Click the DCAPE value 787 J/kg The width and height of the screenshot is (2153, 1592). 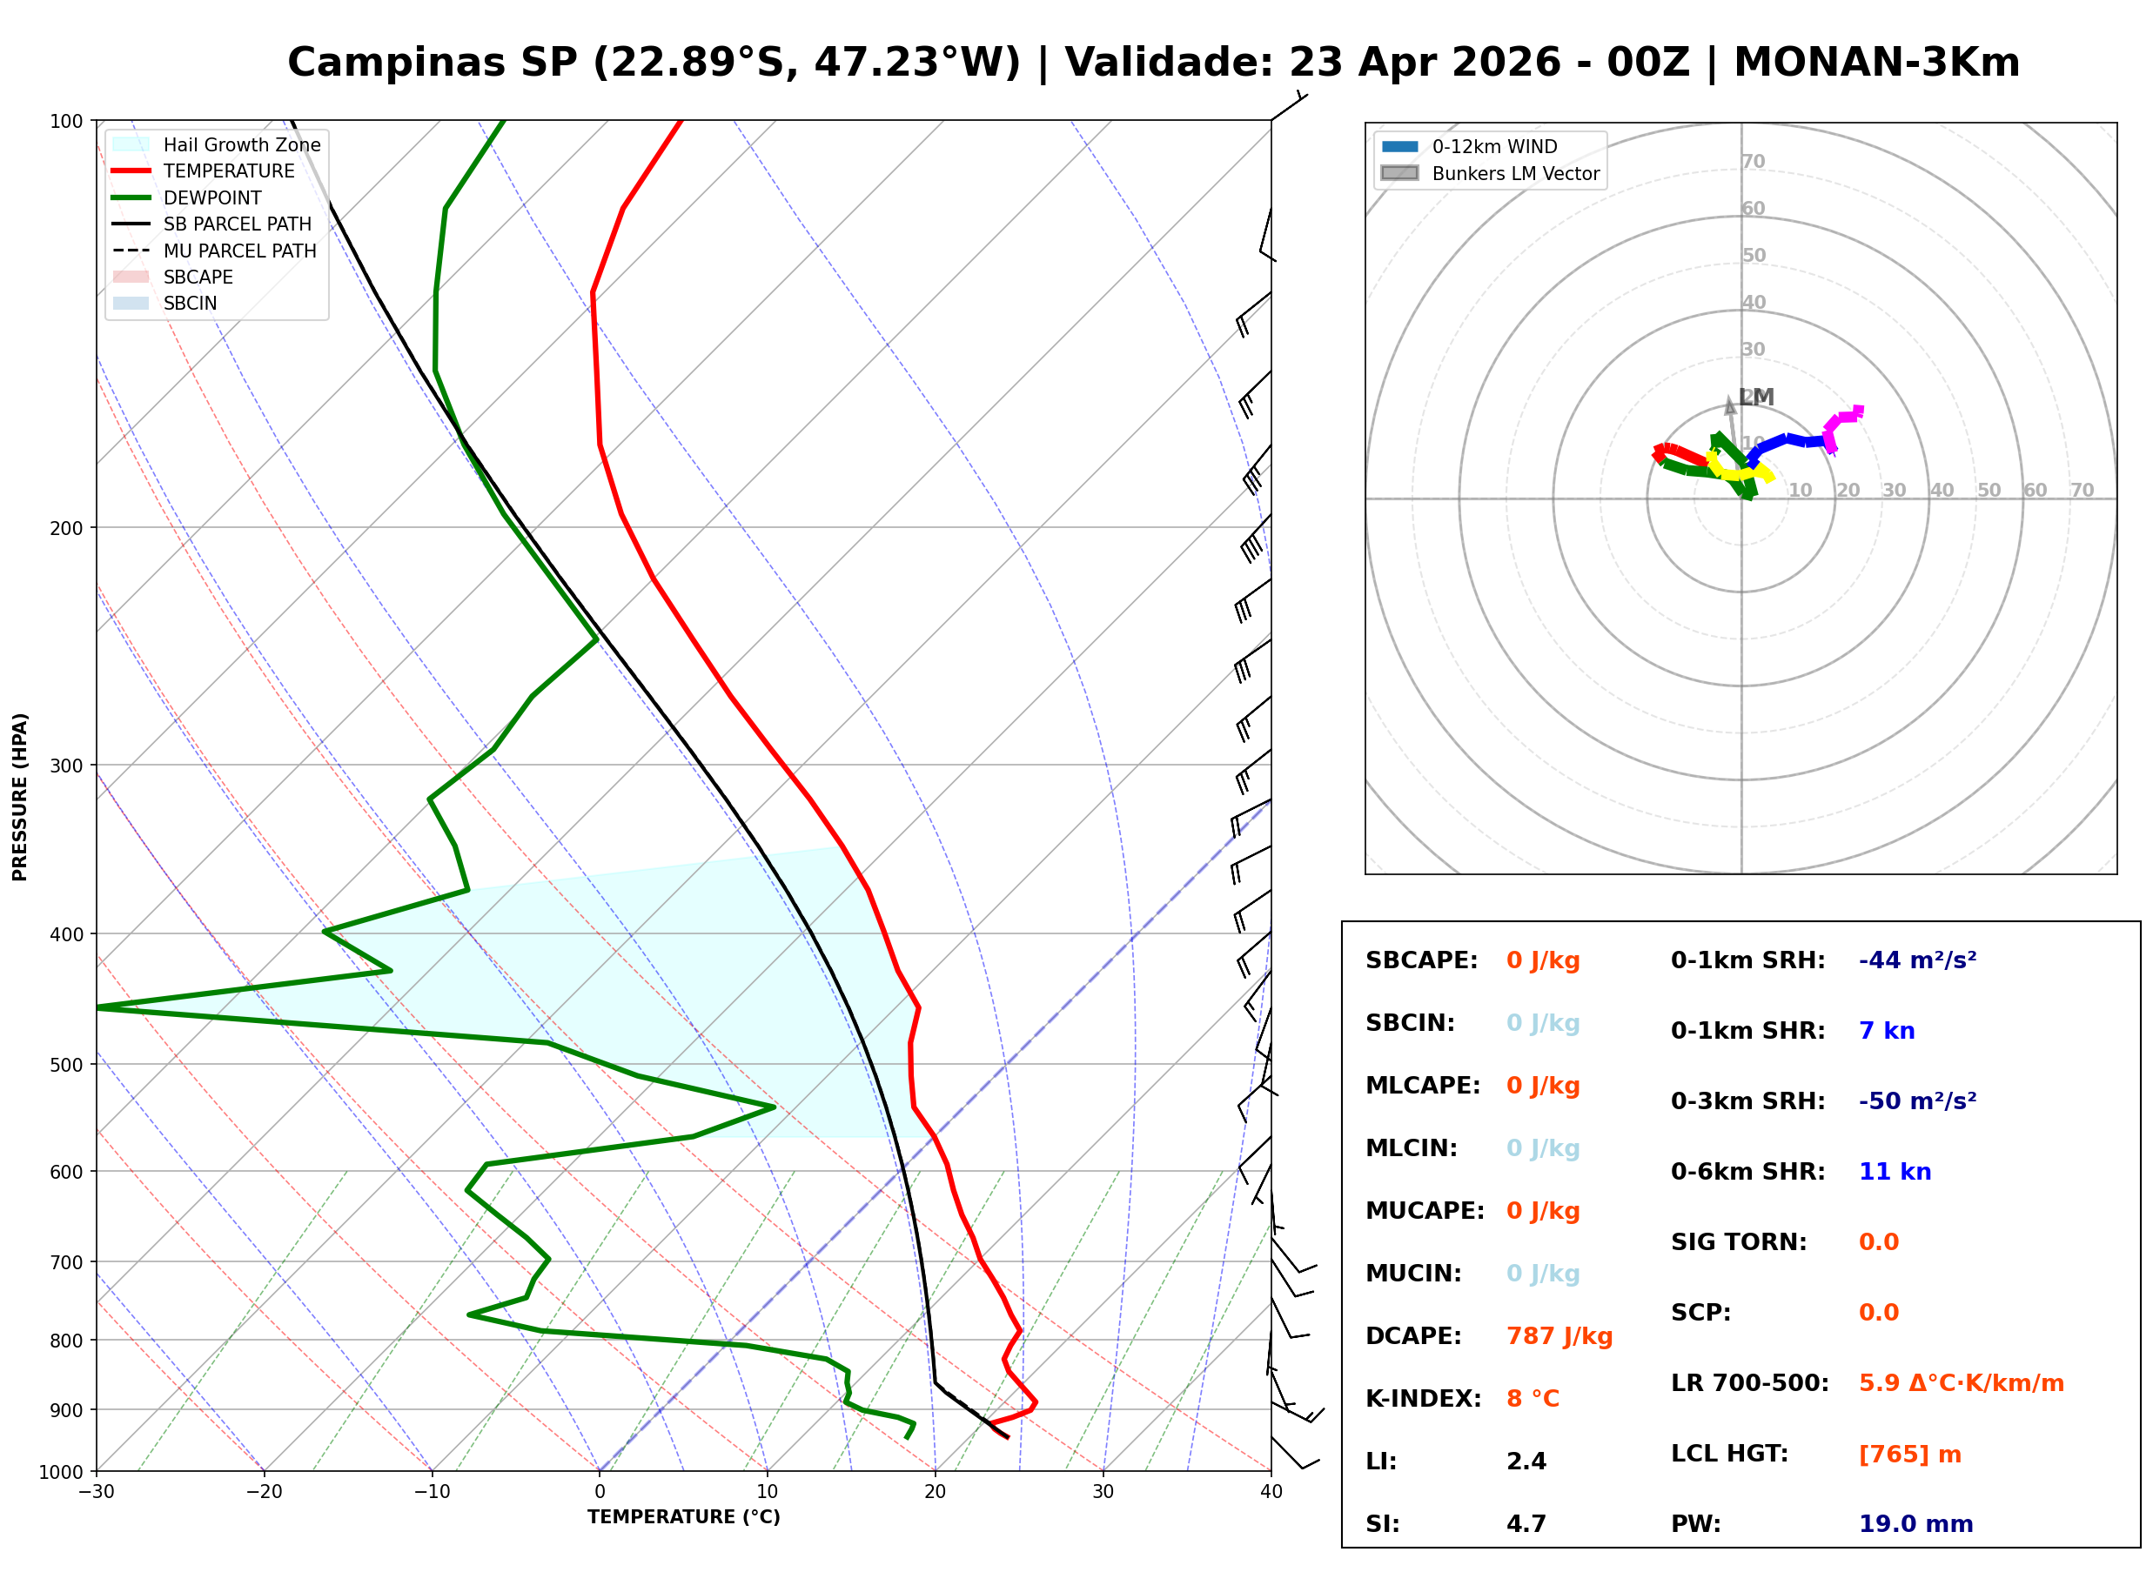1559,1335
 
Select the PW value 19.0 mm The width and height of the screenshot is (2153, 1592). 1915,1523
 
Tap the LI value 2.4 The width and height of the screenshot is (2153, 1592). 1526,1461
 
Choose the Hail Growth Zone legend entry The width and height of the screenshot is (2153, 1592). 241,144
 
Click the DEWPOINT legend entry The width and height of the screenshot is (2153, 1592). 212,197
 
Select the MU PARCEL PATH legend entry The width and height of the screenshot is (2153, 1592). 239,251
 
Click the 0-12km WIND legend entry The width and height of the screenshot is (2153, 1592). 1494,146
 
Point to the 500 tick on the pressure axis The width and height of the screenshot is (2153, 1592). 65,1065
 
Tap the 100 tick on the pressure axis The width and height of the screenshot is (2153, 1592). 65,122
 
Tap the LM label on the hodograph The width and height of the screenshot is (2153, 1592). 1756,397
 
